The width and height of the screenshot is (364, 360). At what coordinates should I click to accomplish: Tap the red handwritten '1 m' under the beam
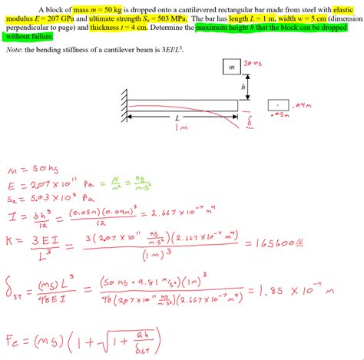point(183,128)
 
